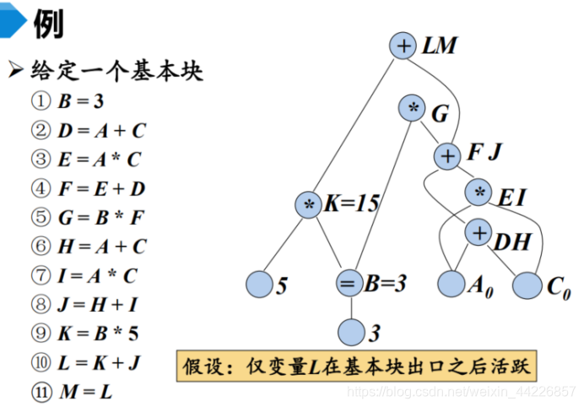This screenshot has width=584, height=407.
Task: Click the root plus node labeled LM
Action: pyautogui.click(x=404, y=46)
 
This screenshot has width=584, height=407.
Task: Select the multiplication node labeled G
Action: pyautogui.click(x=414, y=109)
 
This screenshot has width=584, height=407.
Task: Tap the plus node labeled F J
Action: pyautogui.click(x=447, y=155)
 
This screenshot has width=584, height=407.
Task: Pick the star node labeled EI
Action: pyautogui.click(x=480, y=193)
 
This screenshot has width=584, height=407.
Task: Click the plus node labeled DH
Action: pyautogui.click(x=479, y=233)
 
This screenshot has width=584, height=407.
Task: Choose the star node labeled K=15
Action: pyautogui.click(x=309, y=204)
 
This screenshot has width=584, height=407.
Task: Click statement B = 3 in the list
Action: pyautogui.click(x=80, y=102)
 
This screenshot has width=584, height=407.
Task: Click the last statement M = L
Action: pyautogui.click(x=84, y=392)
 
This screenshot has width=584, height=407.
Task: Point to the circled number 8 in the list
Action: pyautogui.click(x=41, y=304)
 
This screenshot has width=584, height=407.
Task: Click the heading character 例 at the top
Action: pyautogui.click(x=47, y=26)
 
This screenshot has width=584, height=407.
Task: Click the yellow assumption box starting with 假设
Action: pyautogui.click(x=359, y=367)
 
